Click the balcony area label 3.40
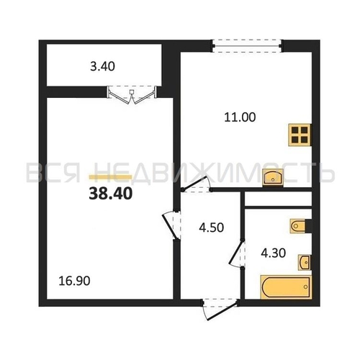pos(102,66)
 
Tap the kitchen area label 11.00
pos(240,117)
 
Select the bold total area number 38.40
pos(111,194)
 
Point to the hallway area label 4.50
pos(212,228)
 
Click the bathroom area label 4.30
pos(274,253)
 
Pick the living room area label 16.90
pos(74,281)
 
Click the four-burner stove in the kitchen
pos(300,135)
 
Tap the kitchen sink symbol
pos(273,178)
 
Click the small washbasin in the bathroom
pos(305,263)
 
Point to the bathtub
pos(286,287)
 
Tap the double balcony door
pos(132,95)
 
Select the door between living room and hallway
pos(172,225)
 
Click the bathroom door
pos(238,253)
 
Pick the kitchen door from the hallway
pos(197,185)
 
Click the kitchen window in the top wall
pos(247,46)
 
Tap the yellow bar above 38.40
pos(110,177)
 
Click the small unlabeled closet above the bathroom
pos(278,199)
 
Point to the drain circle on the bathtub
pos(305,287)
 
